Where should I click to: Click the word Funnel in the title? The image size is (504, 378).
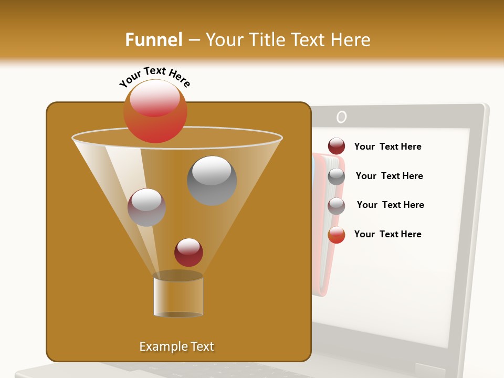(x=153, y=40)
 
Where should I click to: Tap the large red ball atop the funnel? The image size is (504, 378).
(x=155, y=111)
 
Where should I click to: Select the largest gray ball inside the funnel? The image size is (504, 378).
(x=212, y=180)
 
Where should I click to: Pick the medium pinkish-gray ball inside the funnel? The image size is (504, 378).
(x=146, y=207)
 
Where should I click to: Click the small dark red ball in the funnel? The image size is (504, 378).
(x=188, y=252)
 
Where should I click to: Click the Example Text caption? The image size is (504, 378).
(x=177, y=346)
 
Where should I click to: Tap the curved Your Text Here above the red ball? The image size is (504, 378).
(x=154, y=77)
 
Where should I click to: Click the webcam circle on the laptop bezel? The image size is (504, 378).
(x=341, y=117)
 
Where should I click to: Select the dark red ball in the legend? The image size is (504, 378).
(x=337, y=146)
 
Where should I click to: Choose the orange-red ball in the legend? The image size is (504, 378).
(x=337, y=235)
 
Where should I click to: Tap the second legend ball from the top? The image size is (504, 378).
(x=337, y=176)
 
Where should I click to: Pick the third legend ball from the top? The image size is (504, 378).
(x=337, y=206)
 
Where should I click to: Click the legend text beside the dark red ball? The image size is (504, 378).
(x=387, y=146)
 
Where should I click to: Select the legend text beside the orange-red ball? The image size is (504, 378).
(x=387, y=234)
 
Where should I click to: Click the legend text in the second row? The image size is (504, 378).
(x=389, y=176)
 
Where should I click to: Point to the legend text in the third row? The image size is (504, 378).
(x=390, y=205)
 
